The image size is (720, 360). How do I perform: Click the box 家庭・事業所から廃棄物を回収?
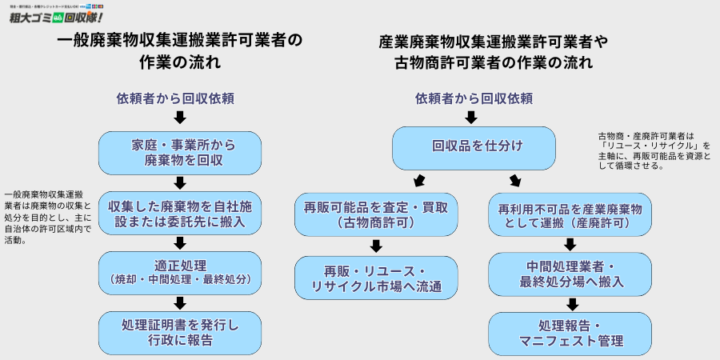(180, 154)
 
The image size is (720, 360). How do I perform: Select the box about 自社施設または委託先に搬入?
(180, 213)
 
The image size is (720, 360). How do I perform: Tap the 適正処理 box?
(180, 273)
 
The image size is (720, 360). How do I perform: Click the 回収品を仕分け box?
(474, 148)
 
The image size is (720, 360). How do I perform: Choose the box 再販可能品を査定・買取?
(376, 214)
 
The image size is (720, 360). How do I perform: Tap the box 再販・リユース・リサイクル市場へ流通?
(376, 278)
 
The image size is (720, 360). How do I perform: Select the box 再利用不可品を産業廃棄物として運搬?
(570, 214)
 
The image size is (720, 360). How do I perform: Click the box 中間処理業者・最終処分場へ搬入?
(570, 274)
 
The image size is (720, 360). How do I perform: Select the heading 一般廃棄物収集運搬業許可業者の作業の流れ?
(181, 50)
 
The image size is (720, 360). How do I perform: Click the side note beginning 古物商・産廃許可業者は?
(654, 150)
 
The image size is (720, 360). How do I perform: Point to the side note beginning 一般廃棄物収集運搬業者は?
(46, 217)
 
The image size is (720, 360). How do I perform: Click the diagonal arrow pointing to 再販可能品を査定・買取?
(418, 180)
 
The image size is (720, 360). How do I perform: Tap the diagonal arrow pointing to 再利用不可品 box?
(514, 180)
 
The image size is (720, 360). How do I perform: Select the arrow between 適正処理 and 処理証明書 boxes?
(180, 302)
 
